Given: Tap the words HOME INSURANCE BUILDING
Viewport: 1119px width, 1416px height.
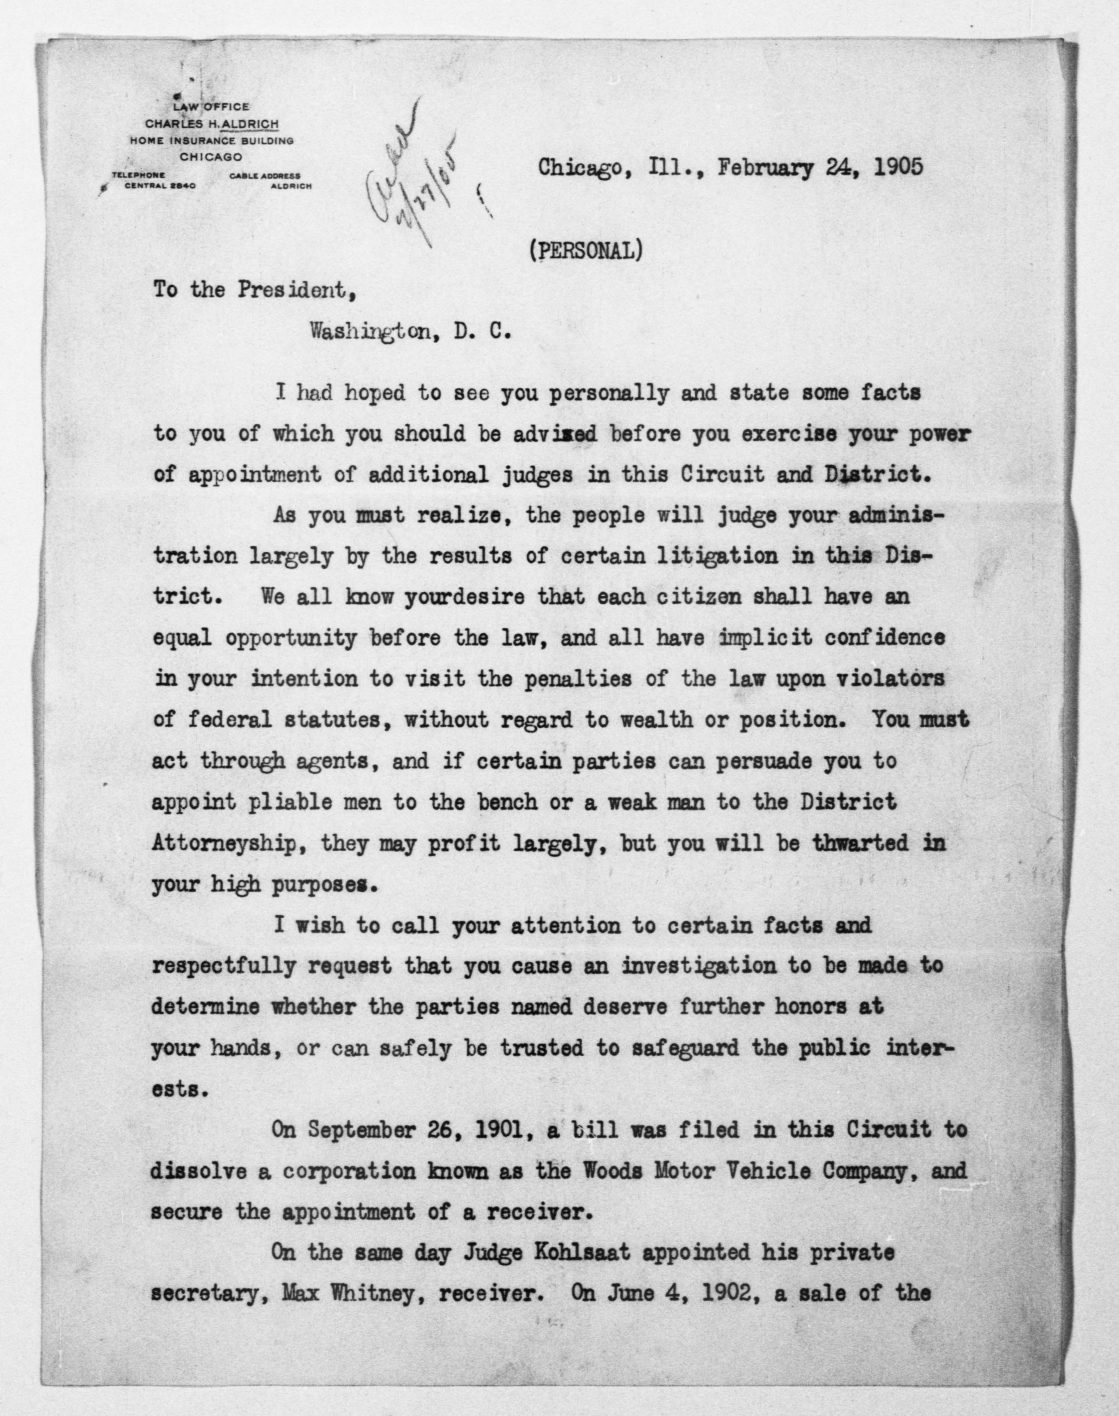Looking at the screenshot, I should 211,140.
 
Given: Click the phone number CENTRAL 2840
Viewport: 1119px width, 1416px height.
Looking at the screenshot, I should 160,186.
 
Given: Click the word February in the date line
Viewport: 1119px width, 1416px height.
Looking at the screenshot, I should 765,168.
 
